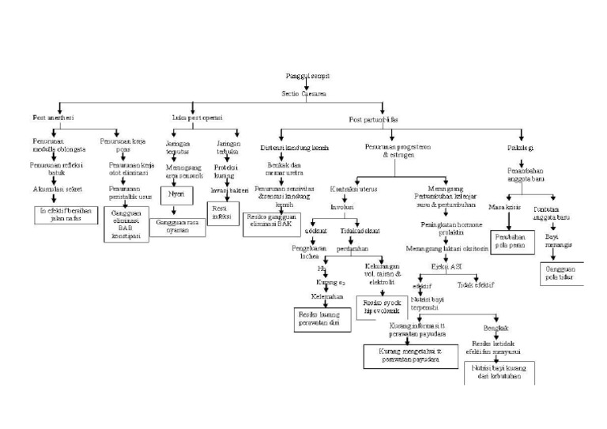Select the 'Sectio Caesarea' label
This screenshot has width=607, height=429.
(304, 93)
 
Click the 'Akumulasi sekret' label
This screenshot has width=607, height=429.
(55, 190)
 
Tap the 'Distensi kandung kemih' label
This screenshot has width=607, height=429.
(295, 148)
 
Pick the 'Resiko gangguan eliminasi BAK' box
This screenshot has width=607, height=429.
(273, 220)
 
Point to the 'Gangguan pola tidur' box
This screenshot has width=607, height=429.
(560, 273)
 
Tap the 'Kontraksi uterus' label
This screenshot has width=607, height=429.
(353, 190)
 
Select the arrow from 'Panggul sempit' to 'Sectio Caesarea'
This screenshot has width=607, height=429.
(304, 85)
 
